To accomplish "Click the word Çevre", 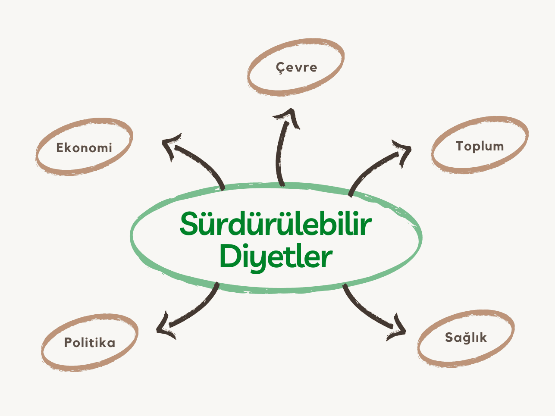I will [297, 68].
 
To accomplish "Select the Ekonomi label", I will [84, 148].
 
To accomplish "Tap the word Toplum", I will [480, 146].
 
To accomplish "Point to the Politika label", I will [90, 343].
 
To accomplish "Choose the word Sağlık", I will [466, 337].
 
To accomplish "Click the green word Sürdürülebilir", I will [276, 224].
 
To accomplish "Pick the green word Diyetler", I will [276, 257].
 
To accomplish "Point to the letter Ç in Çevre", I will [280, 68].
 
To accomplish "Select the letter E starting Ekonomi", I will [60, 148].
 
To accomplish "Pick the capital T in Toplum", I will [460, 146].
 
